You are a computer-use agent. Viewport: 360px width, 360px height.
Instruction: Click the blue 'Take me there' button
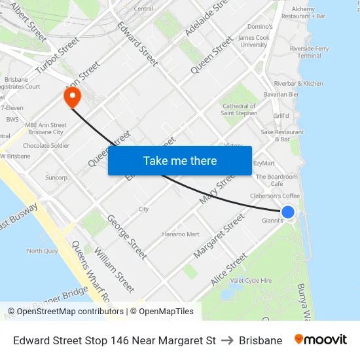(180, 160)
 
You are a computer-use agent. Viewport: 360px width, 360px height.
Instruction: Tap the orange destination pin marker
(71, 98)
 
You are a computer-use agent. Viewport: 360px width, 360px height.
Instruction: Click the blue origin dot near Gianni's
(287, 211)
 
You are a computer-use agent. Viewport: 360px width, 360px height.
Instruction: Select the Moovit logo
(320, 340)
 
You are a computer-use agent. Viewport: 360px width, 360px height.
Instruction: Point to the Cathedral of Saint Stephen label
(239, 109)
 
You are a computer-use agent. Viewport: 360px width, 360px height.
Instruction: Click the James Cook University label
(254, 41)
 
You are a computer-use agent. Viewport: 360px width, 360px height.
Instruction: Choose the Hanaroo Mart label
(181, 234)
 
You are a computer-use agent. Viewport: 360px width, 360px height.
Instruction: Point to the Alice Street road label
(228, 269)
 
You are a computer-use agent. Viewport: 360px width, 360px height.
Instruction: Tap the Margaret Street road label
(219, 240)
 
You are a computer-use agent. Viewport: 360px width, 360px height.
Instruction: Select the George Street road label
(127, 236)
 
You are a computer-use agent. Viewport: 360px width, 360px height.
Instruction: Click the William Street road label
(114, 269)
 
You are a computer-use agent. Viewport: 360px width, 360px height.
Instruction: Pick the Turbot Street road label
(58, 55)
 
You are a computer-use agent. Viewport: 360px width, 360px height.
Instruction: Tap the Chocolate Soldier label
(46, 145)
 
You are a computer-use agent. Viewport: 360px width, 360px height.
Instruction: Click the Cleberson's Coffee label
(274, 196)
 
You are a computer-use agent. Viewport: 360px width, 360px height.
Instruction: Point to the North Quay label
(43, 251)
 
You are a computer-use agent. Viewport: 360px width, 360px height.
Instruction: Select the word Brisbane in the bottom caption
(261, 340)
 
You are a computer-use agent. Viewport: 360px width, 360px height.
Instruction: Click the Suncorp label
(56, 177)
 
